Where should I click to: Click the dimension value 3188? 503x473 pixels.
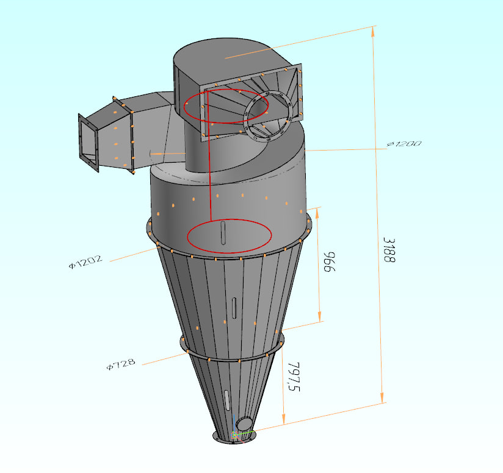pyautogui.click(x=389, y=250)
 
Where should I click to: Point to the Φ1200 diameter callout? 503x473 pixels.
pyautogui.click(x=403, y=144)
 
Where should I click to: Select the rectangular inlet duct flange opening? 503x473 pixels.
pyautogui.click(x=89, y=141)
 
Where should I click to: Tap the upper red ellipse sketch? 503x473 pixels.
pyautogui.click(x=226, y=107)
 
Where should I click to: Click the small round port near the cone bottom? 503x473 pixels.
pyautogui.click(x=244, y=424)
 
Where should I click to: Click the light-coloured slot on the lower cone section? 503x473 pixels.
pyautogui.click(x=227, y=400)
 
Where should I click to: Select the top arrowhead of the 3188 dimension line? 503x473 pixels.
pyautogui.click(x=374, y=30)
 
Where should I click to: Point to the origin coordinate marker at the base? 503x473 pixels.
pyautogui.click(x=235, y=435)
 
